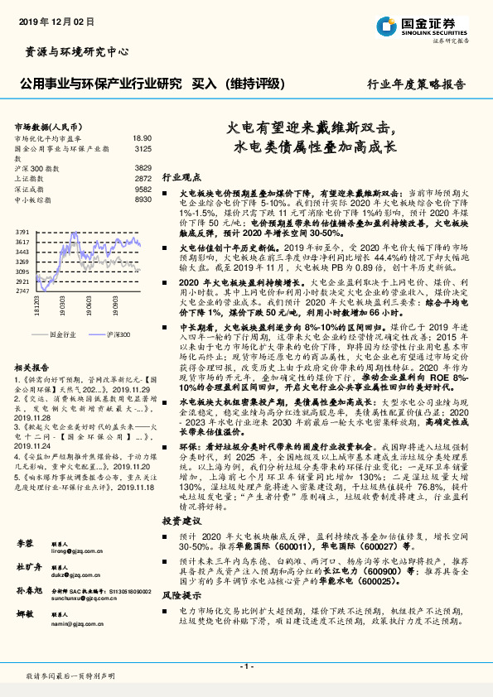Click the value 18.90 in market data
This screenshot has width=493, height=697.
pyautogui.click(x=143, y=139)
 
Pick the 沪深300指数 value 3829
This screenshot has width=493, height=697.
pyautogui.click(x=143, y=168)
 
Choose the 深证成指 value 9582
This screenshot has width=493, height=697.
pyautogui.click(x=143, y=189)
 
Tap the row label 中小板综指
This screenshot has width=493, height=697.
pyautogui.click(x=35, y=199)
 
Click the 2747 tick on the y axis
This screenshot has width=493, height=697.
pyautogui.click(x=22, y=291)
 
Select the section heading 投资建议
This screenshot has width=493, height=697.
pyautogui.click(x=181, y=521)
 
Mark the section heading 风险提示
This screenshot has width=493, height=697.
pyautogui.click(x=181, y=595)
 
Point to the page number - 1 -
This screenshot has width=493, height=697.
pyautogui.click(x=246, y=666)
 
